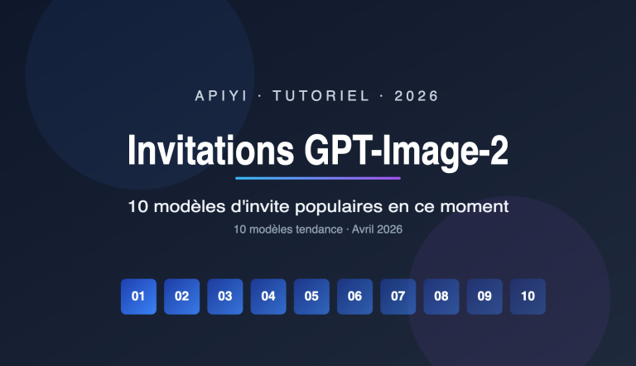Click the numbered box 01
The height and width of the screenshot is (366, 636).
coord(138,296)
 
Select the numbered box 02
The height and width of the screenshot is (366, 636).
coord(181,296)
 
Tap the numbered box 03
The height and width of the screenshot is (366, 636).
coord(224,296)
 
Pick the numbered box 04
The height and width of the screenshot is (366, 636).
coord(268,296)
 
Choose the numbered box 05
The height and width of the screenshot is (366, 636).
coord(311,296)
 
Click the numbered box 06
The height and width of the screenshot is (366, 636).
coord(354,296)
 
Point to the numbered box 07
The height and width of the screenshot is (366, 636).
coord(397,296)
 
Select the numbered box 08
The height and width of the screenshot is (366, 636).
coord(441,296)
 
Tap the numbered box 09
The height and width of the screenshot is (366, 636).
coord(484,296)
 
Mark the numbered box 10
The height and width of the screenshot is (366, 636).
coord(528,296)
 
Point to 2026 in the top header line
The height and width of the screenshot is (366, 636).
coord(417,96)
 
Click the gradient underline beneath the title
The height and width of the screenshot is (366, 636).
coord(318,178)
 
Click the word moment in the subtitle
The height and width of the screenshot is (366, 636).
coord(477,205)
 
